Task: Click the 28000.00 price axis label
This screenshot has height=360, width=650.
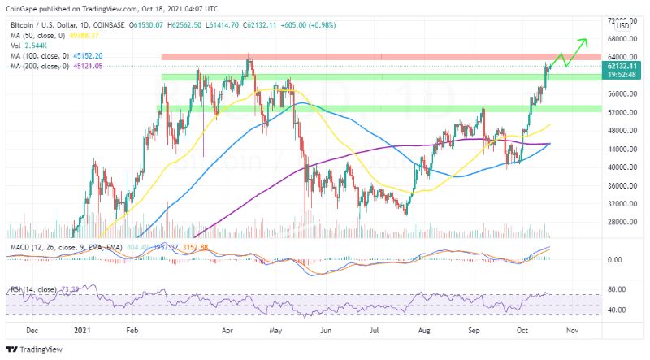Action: pos(620,221)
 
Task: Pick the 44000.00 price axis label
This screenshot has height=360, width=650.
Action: pos(620,149)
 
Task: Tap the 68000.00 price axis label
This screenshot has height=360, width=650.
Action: pos(620,38)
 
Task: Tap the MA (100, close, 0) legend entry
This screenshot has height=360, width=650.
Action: pos(37,55)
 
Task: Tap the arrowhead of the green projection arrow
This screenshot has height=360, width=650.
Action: pos(584,40)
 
